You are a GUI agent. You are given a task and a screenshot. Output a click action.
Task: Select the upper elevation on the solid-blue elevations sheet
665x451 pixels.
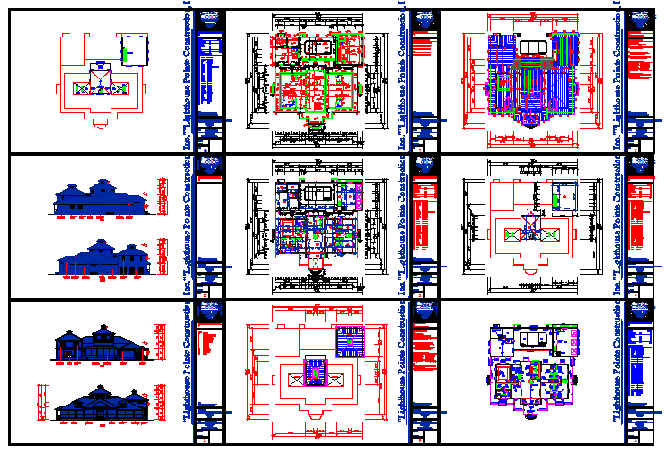101,199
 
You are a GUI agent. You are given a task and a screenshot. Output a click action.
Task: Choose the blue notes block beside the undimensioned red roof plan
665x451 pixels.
210,70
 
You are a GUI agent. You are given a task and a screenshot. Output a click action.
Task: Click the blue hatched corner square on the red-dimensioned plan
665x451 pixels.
348,340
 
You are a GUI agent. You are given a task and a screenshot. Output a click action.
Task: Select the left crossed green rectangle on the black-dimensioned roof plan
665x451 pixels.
509,234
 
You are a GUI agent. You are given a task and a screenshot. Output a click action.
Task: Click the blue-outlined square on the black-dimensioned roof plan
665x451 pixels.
563,196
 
